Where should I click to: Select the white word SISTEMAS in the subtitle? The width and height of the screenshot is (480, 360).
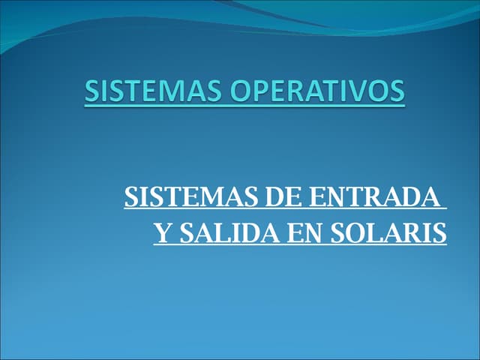pyautogui.click(x=191, y=198)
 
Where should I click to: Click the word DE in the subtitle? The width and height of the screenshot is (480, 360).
pyautogui.click(x=285, y=198)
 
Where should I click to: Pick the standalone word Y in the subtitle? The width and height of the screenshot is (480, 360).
pyautogui.click(x=161, y=234)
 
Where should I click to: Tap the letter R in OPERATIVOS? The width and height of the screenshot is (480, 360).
pyautogui.click(x=295, y=91)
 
